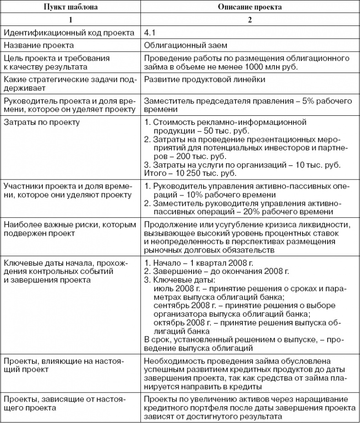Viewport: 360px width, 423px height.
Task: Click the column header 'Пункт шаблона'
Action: [70, 8]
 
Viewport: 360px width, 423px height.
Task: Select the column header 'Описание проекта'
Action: [250, 8]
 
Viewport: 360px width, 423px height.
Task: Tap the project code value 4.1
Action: [149, 33]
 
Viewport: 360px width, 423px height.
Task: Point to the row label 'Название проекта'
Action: [38, 46]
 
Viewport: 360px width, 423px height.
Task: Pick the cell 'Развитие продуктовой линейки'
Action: [199, 79]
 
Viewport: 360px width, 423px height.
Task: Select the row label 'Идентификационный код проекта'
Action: [69, 33]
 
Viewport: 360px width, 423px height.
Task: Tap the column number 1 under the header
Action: [70, 20]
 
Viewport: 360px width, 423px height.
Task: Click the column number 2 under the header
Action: [250, 20]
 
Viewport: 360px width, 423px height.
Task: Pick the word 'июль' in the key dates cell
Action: [163, 288]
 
